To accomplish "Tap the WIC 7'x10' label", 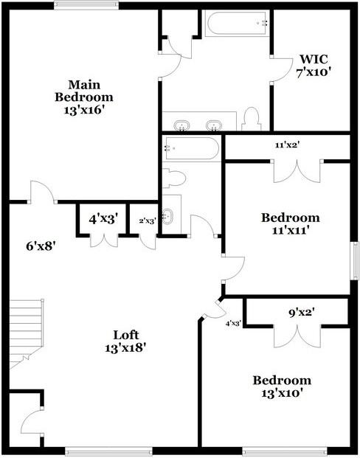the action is (x=314, y=66).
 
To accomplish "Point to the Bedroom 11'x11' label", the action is (x=291, y=224).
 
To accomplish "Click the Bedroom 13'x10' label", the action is (x=282, y=386).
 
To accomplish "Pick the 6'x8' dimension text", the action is (x=41, y=246).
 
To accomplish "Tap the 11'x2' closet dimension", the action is (x=288, y=145).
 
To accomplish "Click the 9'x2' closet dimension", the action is (x=302, y=313).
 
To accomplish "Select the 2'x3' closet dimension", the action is (x=147, y=221).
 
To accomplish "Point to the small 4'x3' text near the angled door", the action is (x=233, y=323).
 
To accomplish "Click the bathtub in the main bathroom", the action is (x=237, y=24).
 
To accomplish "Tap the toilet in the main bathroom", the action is (x=252, y=119).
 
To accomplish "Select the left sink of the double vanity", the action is (x=181, y=125).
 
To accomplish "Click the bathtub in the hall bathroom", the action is (x=192, y=148).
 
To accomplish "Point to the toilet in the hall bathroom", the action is (x=174, y=178).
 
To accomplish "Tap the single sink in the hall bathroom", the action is (x=167, y=216).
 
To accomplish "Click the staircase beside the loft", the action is (x=27, y=333).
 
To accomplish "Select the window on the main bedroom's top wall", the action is (x=86, y=6).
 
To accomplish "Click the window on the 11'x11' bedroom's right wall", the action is (x=355, y=261).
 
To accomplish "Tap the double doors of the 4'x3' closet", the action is (x=104, y=240).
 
